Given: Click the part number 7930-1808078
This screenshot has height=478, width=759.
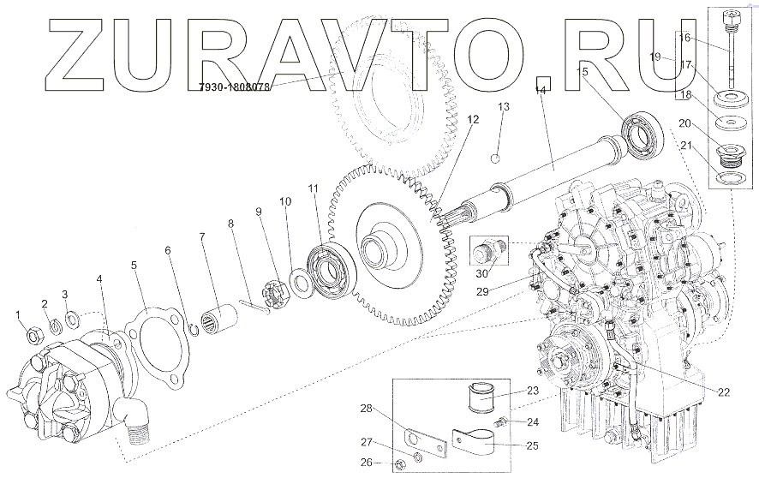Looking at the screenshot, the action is point(234,87).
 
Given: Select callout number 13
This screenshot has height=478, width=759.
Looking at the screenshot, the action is point(504,107).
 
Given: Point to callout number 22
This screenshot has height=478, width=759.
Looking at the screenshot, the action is point(724,392).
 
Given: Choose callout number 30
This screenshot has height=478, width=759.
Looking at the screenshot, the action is point(482,273).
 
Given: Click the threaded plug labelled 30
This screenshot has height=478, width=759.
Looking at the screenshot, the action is point(486,254).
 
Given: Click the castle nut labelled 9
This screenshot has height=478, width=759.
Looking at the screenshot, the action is point(277,284).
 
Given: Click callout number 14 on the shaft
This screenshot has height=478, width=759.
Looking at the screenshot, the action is point(540,90).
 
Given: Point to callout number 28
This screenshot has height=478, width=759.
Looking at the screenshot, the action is point(368,409).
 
